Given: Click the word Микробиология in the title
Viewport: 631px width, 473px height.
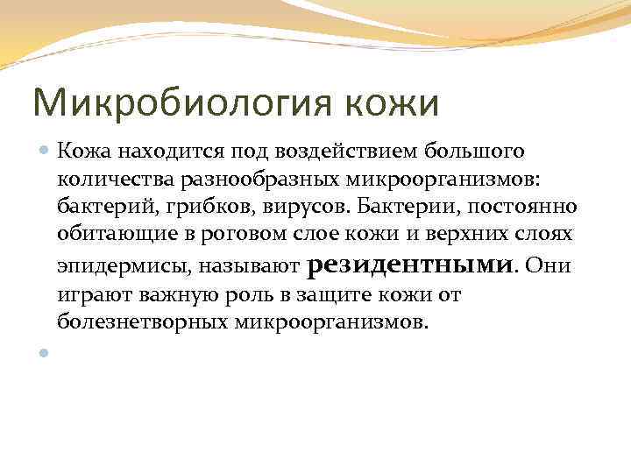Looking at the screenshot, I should coord(184,103).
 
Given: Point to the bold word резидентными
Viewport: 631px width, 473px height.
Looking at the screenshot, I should coord(411,264).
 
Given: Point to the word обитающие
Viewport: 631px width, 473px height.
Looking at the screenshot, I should coord(110,235).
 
